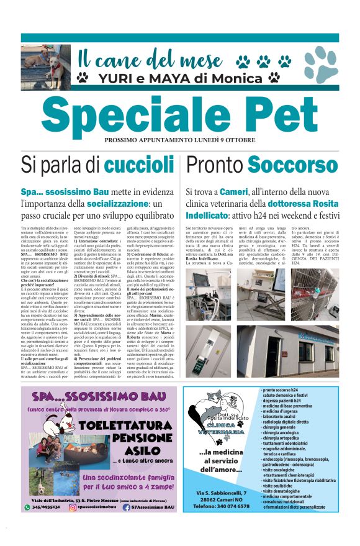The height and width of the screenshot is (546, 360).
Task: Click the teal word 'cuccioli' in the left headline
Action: click(x=139, y=165)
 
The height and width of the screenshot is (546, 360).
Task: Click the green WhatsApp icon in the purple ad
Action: click(x=27, y=507)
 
